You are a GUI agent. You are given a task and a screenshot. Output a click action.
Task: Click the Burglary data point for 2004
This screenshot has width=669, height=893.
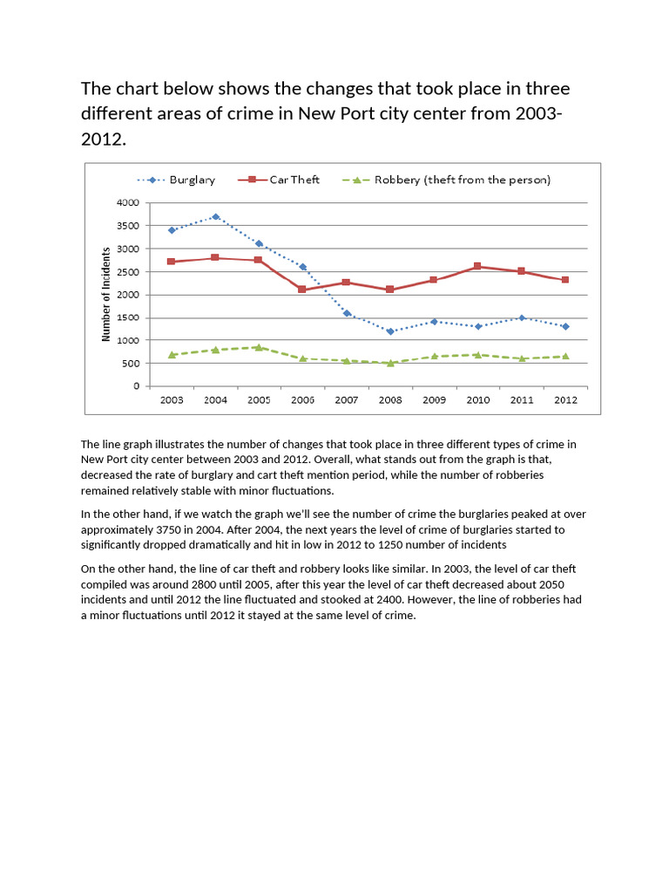pos(215,216)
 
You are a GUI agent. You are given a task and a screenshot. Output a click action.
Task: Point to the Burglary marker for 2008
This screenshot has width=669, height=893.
pos(390,331)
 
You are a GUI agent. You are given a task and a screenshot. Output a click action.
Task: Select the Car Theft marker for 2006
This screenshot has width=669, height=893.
pos(302,290)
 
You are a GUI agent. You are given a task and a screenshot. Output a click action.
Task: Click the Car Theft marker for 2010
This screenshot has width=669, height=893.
pos(477,266)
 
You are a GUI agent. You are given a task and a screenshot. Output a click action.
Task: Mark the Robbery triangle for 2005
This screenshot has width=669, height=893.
pos(259,347)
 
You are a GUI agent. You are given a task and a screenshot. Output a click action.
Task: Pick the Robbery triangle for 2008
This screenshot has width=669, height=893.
pos(390,363)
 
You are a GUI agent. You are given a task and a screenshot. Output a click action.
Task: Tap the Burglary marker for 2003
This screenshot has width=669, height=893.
pos(172,230)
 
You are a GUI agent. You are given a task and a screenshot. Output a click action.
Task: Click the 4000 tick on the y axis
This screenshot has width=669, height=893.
pos(127,202)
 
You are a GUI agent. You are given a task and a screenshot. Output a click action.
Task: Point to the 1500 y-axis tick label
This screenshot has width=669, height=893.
pos(127,317)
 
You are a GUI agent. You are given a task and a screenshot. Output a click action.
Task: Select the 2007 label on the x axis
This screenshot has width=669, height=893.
pos(347,399)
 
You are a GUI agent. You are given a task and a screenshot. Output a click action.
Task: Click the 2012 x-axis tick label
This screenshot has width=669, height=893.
pos(565,399)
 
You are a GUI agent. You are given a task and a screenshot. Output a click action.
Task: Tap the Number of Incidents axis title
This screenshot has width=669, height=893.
pos(106,294)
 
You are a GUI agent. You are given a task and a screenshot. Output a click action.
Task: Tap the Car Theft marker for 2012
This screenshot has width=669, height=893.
pos(565,280)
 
